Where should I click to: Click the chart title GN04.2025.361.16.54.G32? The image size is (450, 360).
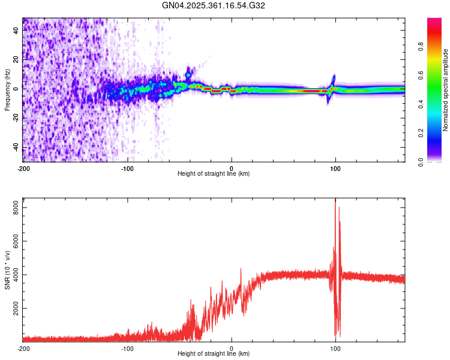pyautogui.click(x=214, y=5)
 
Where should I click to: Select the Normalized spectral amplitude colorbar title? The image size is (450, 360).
pyautogui.click(x=446, y=90)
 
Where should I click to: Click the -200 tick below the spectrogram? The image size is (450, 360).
pyautogui.click(x=23, y=167)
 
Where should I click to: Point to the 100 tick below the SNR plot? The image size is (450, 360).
pyautogui.click(x=335, y=348)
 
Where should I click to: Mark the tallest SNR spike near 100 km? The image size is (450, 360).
pyautogui.click(x=335, y=200)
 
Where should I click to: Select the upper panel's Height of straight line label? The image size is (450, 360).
pyautogui.click(x=214, y=173)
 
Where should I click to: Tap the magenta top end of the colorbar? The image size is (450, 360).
pyautogui.click(x=435, y=22)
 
